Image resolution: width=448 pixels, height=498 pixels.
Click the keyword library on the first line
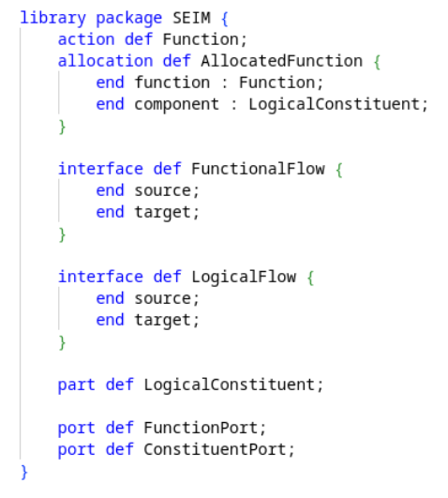click(53, 19)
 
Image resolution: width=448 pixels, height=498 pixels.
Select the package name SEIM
click(191, 18)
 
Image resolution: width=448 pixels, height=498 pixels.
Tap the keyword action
click(86, 39)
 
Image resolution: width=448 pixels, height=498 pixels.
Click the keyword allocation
click(105, 61)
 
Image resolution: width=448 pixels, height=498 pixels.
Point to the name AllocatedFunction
click(281, 61)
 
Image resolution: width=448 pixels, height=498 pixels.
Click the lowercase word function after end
click(172, 83)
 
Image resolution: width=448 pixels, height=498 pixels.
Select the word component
click(177, 105)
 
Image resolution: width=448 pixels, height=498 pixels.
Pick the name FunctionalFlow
click(258, 169)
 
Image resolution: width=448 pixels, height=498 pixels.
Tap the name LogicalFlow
click(244, 277)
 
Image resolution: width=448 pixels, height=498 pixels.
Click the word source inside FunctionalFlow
click(162, 191)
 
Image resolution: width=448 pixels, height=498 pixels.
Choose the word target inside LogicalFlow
click(162, 321)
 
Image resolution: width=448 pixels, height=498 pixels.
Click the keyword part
click(77, 385)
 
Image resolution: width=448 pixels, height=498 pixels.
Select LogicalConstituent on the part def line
click(230, 385)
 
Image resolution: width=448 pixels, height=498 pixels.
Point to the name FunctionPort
click(201, 428)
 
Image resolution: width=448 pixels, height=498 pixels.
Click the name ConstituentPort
click(216, 449)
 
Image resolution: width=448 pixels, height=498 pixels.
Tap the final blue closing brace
click(24, 472)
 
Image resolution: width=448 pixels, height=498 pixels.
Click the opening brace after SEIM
click(225, 19)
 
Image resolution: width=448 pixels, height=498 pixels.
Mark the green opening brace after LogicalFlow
click(310, 278)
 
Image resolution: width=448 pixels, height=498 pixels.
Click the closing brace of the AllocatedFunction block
click(62, 127)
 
